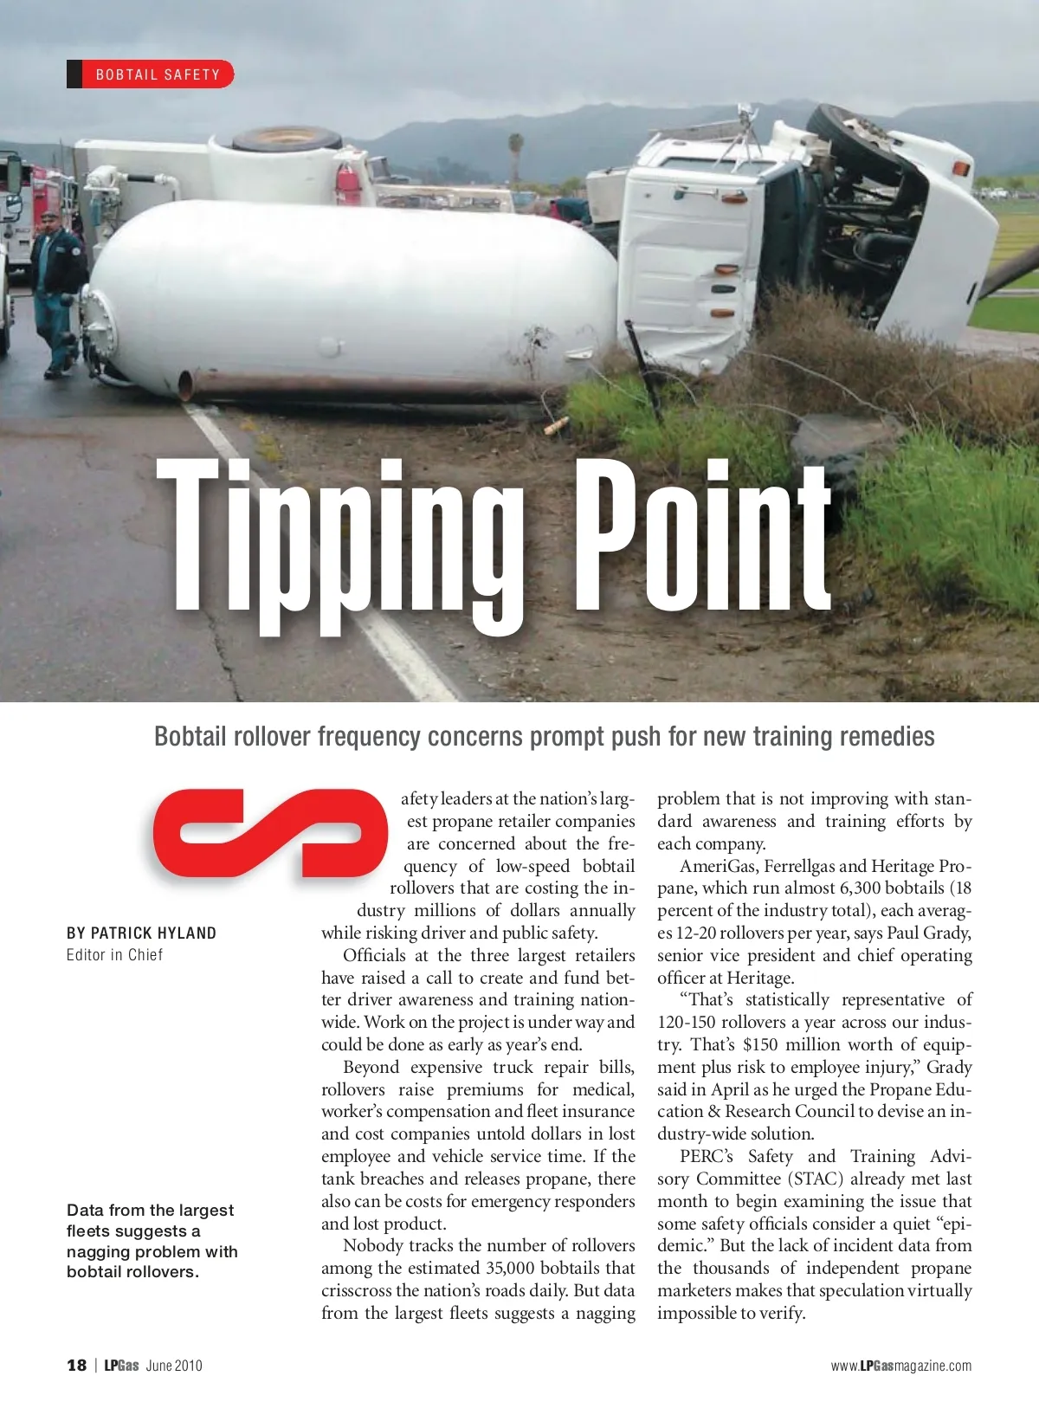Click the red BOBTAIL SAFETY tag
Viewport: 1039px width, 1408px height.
tap(151, 74)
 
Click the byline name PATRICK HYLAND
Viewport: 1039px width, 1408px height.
tap(153, 933)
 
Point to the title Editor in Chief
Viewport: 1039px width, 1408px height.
tap(114, 955)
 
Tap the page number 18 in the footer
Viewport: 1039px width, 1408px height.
tap(77, 1366)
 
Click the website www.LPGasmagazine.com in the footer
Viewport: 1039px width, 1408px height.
tap(900, 1366)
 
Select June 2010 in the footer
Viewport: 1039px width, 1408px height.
tap(174, 1366)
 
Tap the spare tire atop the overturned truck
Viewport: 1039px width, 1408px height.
tap(286, 139)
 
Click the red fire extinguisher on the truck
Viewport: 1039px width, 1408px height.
tap(348, 182)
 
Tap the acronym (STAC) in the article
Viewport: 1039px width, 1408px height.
tap(812, 1179)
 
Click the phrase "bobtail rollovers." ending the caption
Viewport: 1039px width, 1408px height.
tap(132, 1272)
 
